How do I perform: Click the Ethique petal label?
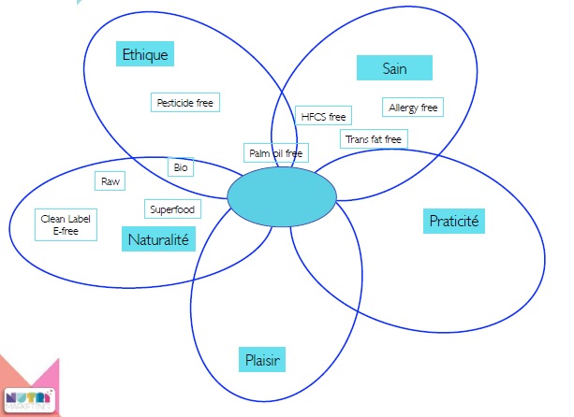click(145, 54)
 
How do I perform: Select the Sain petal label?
click(394, 67)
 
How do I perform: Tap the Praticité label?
click(453, 222)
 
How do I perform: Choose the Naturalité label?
click(157, 240)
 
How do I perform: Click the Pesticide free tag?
click(185, 103)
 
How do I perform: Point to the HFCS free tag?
click(323, 117)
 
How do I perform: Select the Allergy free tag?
click(413, 108)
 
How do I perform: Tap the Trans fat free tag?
click(374, 139)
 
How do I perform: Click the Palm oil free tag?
click(276, 152)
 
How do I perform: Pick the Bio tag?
click(181, 167)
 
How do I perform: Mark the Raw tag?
click(110, 180)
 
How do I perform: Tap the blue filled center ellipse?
click(281, 196)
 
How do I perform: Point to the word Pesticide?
click(175, 103)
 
